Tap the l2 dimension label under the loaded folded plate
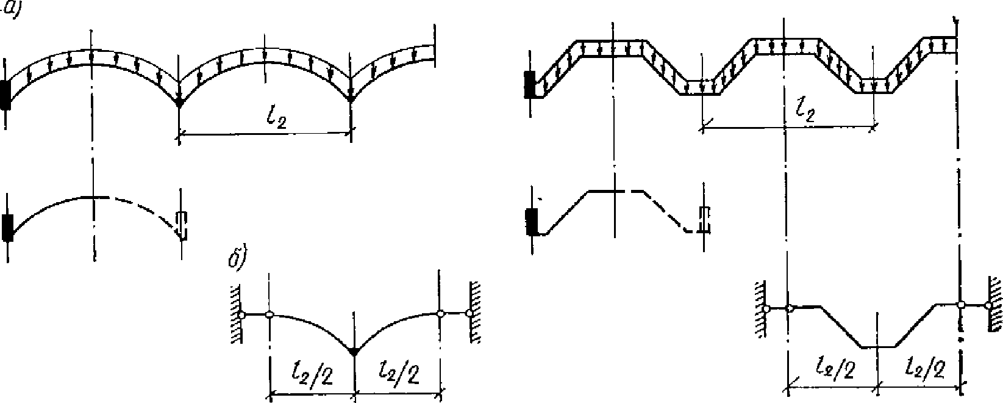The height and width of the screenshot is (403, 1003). tap(805, 110)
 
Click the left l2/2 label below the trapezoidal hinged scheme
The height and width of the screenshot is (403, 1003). tap(835, 370)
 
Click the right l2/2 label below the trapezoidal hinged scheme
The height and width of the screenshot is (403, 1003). tap(924, 370)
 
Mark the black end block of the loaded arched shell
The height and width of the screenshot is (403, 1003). tap(5, 95)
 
